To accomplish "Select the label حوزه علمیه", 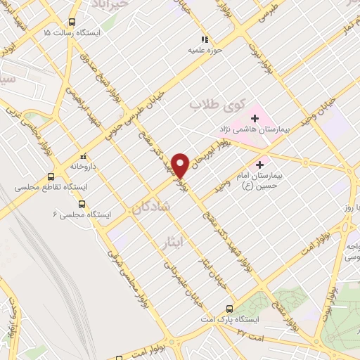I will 205,51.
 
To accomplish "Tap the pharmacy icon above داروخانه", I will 82,156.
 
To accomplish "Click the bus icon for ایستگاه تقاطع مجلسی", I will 51,176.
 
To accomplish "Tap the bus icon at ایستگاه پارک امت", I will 229,308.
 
